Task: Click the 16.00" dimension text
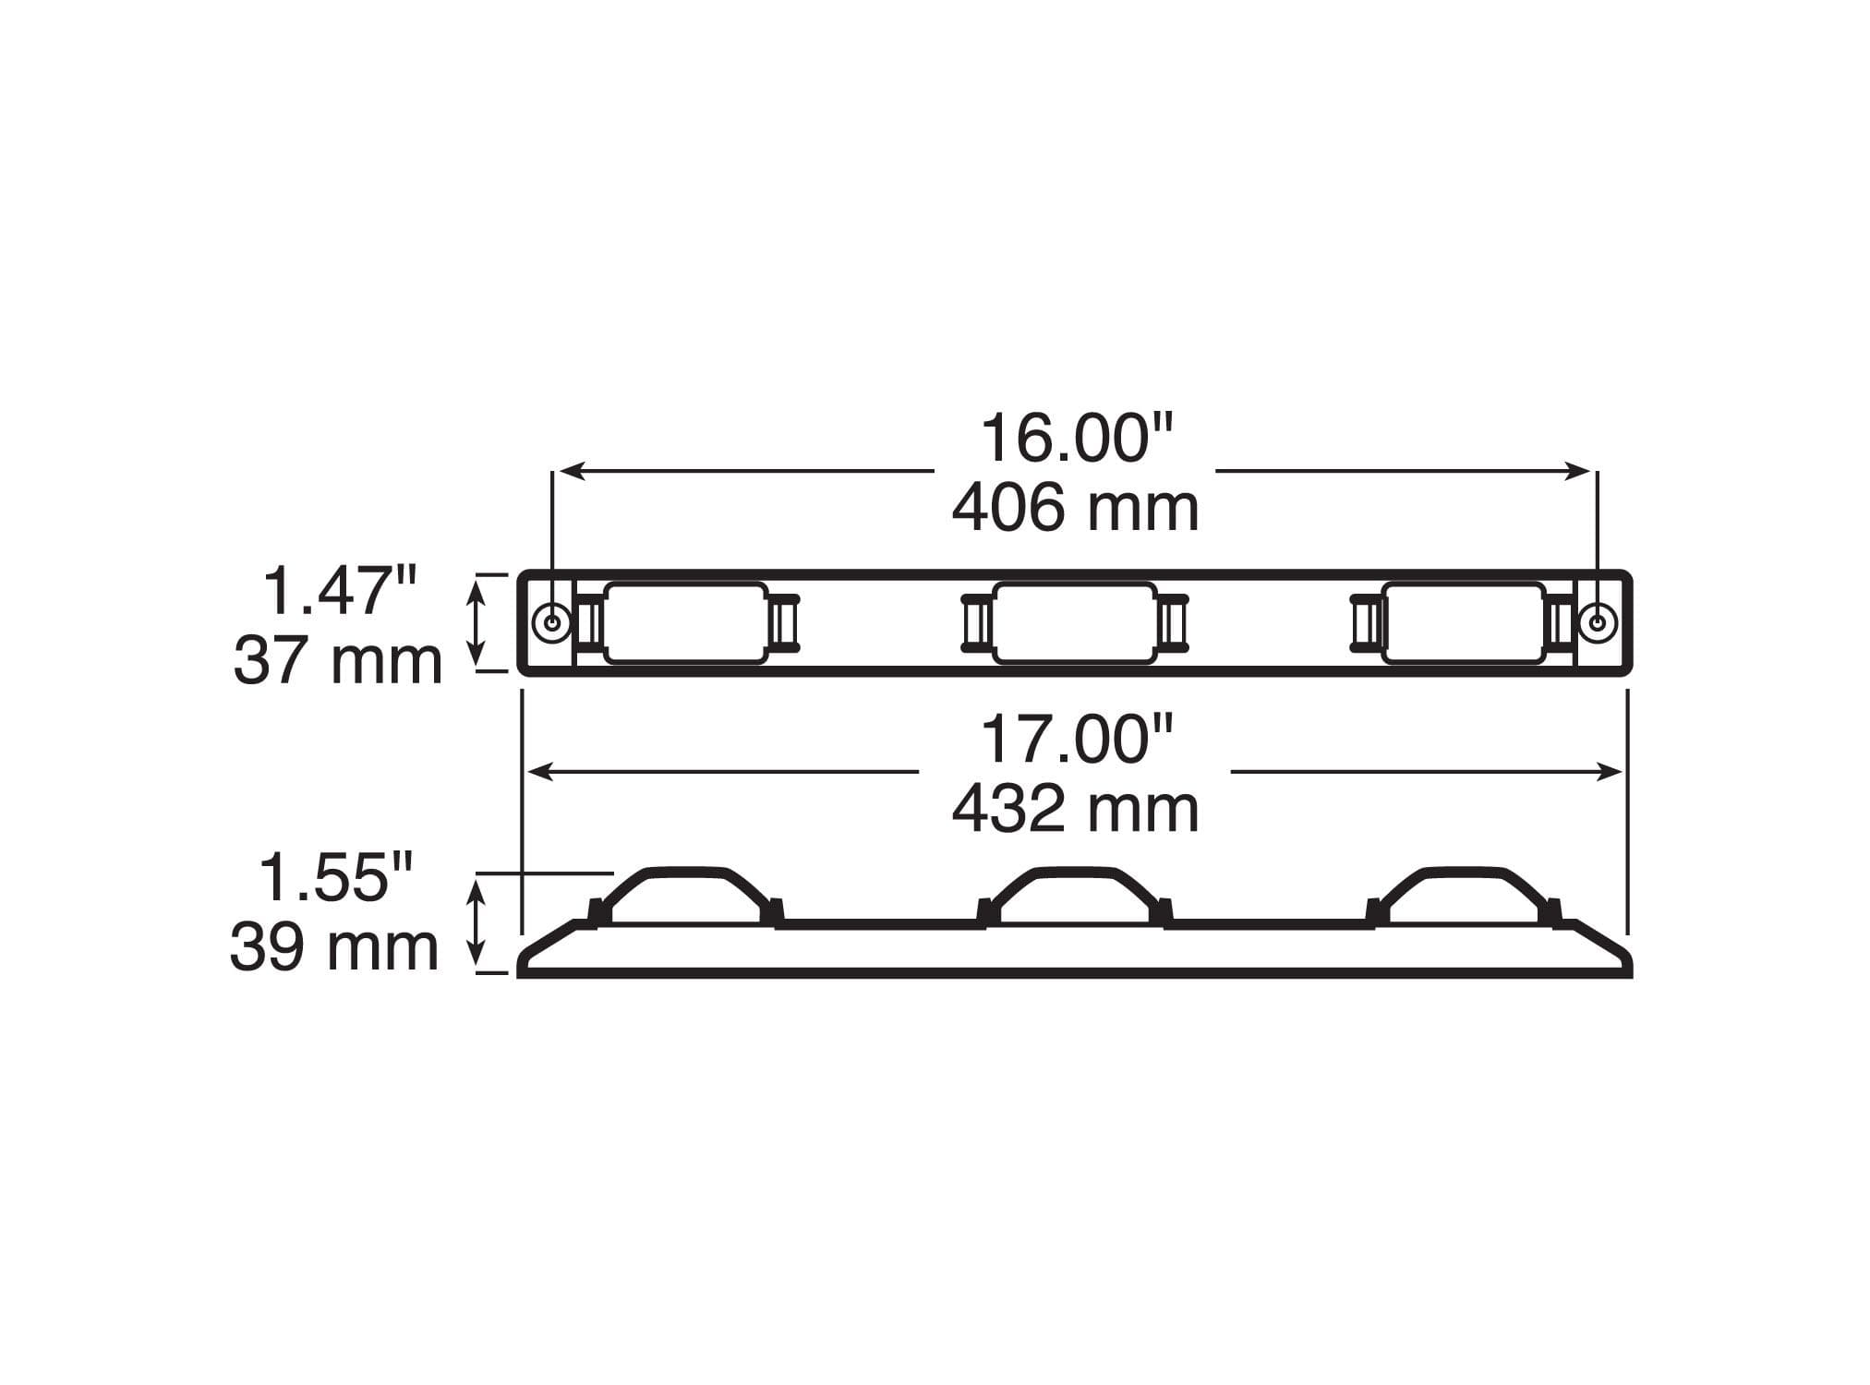coord(1076,439)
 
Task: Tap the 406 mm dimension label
coord(1076,509)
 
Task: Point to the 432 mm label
coord(1076,809)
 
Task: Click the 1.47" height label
coord(340,591)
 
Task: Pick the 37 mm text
coord(338,661)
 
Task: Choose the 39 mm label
coord(334,947)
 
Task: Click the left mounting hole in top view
coord(552,622)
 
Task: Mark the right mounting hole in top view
coord(1597,622)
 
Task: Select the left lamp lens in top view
coord(686,622)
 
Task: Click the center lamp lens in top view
coord(1075,622)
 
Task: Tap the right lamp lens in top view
coord(1464,622)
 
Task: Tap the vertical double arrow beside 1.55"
coord(477,923)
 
